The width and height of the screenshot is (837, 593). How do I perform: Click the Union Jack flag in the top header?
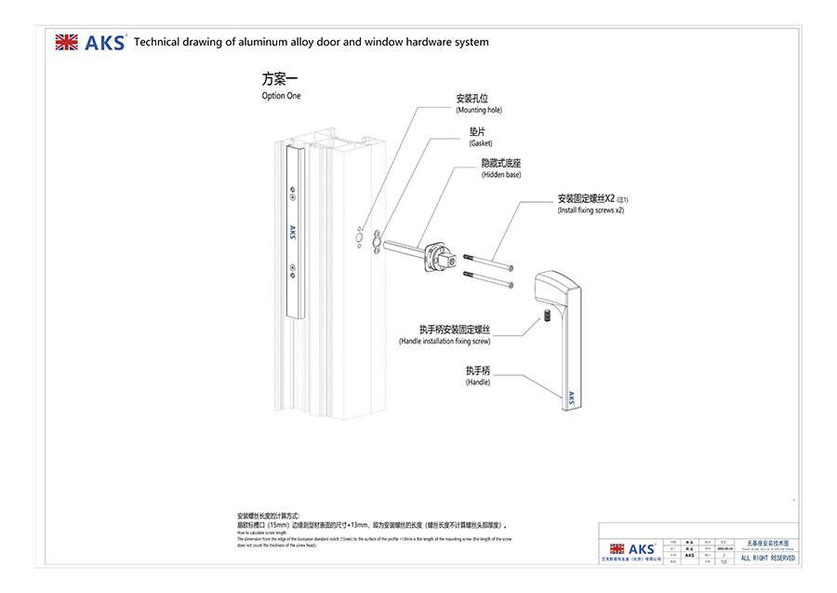pos(66,42)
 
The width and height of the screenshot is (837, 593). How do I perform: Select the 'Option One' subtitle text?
pos(281,96)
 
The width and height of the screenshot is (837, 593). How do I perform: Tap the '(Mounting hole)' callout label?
pos(478,110)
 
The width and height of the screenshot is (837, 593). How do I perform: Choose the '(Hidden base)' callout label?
pos(500,175)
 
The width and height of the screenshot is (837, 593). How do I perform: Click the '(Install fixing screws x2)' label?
pos(591,211)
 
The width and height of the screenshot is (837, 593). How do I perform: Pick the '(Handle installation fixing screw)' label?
pos(445,342)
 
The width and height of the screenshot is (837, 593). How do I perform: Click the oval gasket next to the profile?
pos(375,242)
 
